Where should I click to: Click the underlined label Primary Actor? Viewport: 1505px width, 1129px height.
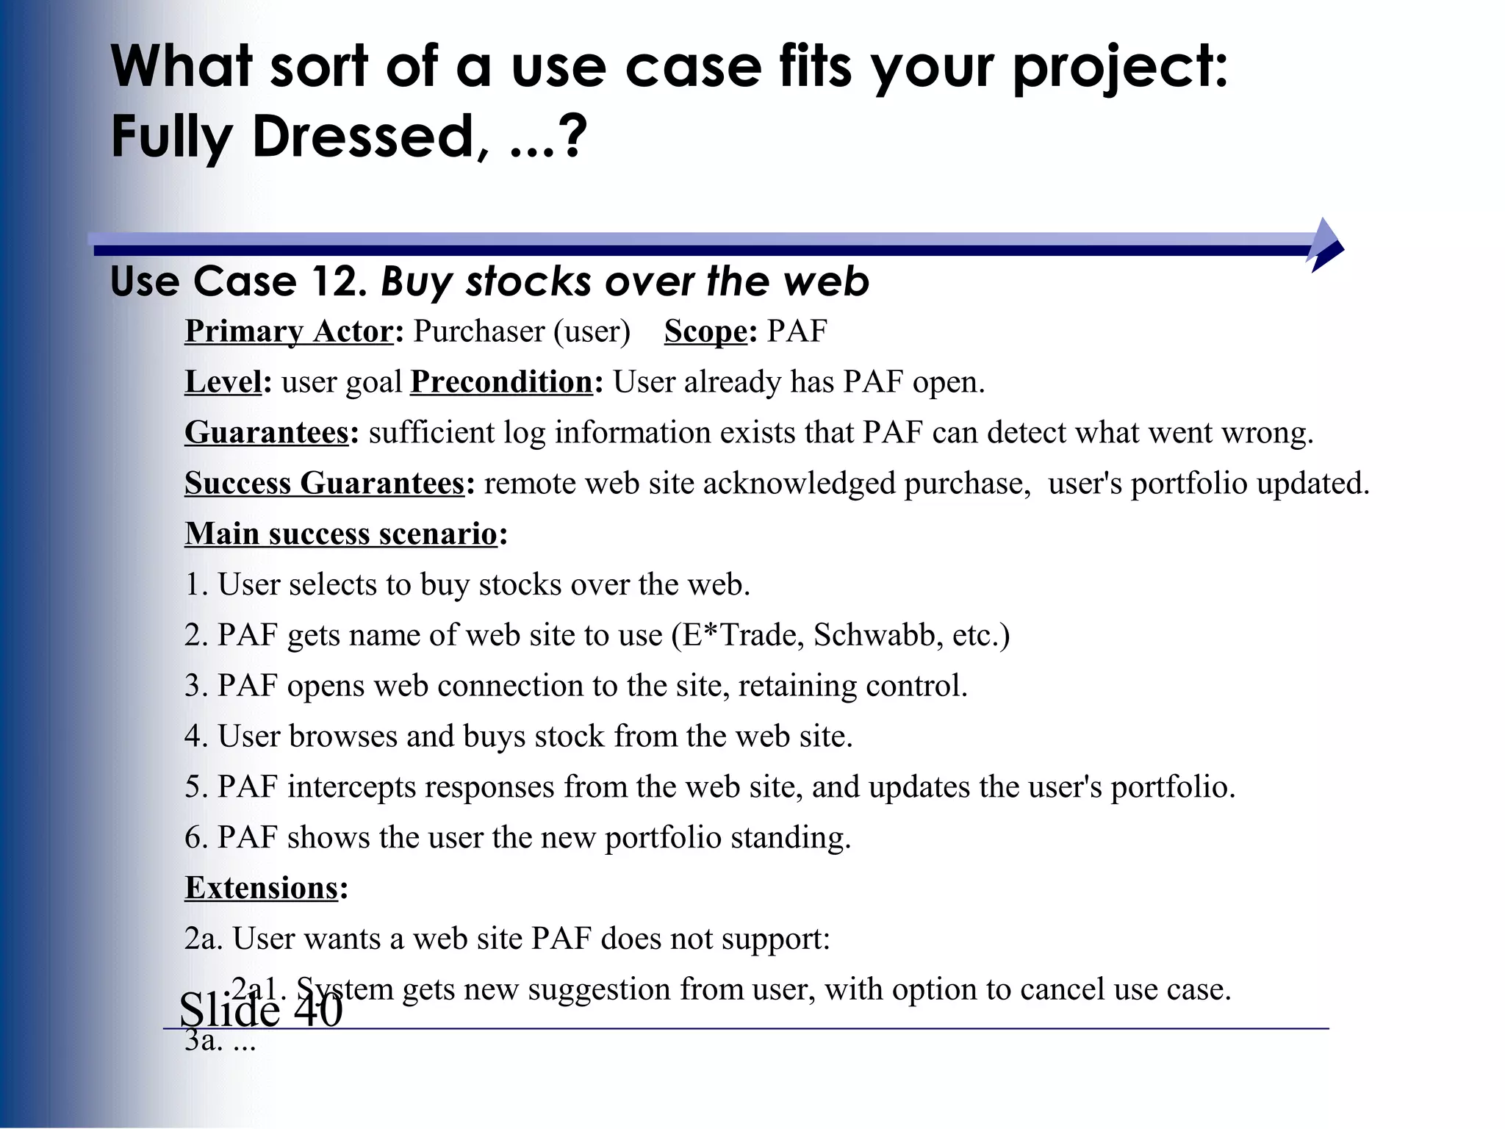[x=289, y=331]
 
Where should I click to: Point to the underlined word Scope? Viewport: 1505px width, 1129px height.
[x=705, y=331]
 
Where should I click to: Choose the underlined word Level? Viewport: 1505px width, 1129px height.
[x=223, y=382]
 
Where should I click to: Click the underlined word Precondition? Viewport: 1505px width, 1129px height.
[x=501, y=382]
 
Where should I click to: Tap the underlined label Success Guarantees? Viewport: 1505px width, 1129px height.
[x=324, y=484]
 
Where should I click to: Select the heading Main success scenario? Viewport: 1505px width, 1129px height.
[x=341, y=534]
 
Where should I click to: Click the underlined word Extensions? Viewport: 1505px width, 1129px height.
[x=261, y=888]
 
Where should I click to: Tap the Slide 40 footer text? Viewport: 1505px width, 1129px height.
[x=261, y=1010]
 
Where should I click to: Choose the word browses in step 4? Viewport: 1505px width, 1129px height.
[x=343, y=736]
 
